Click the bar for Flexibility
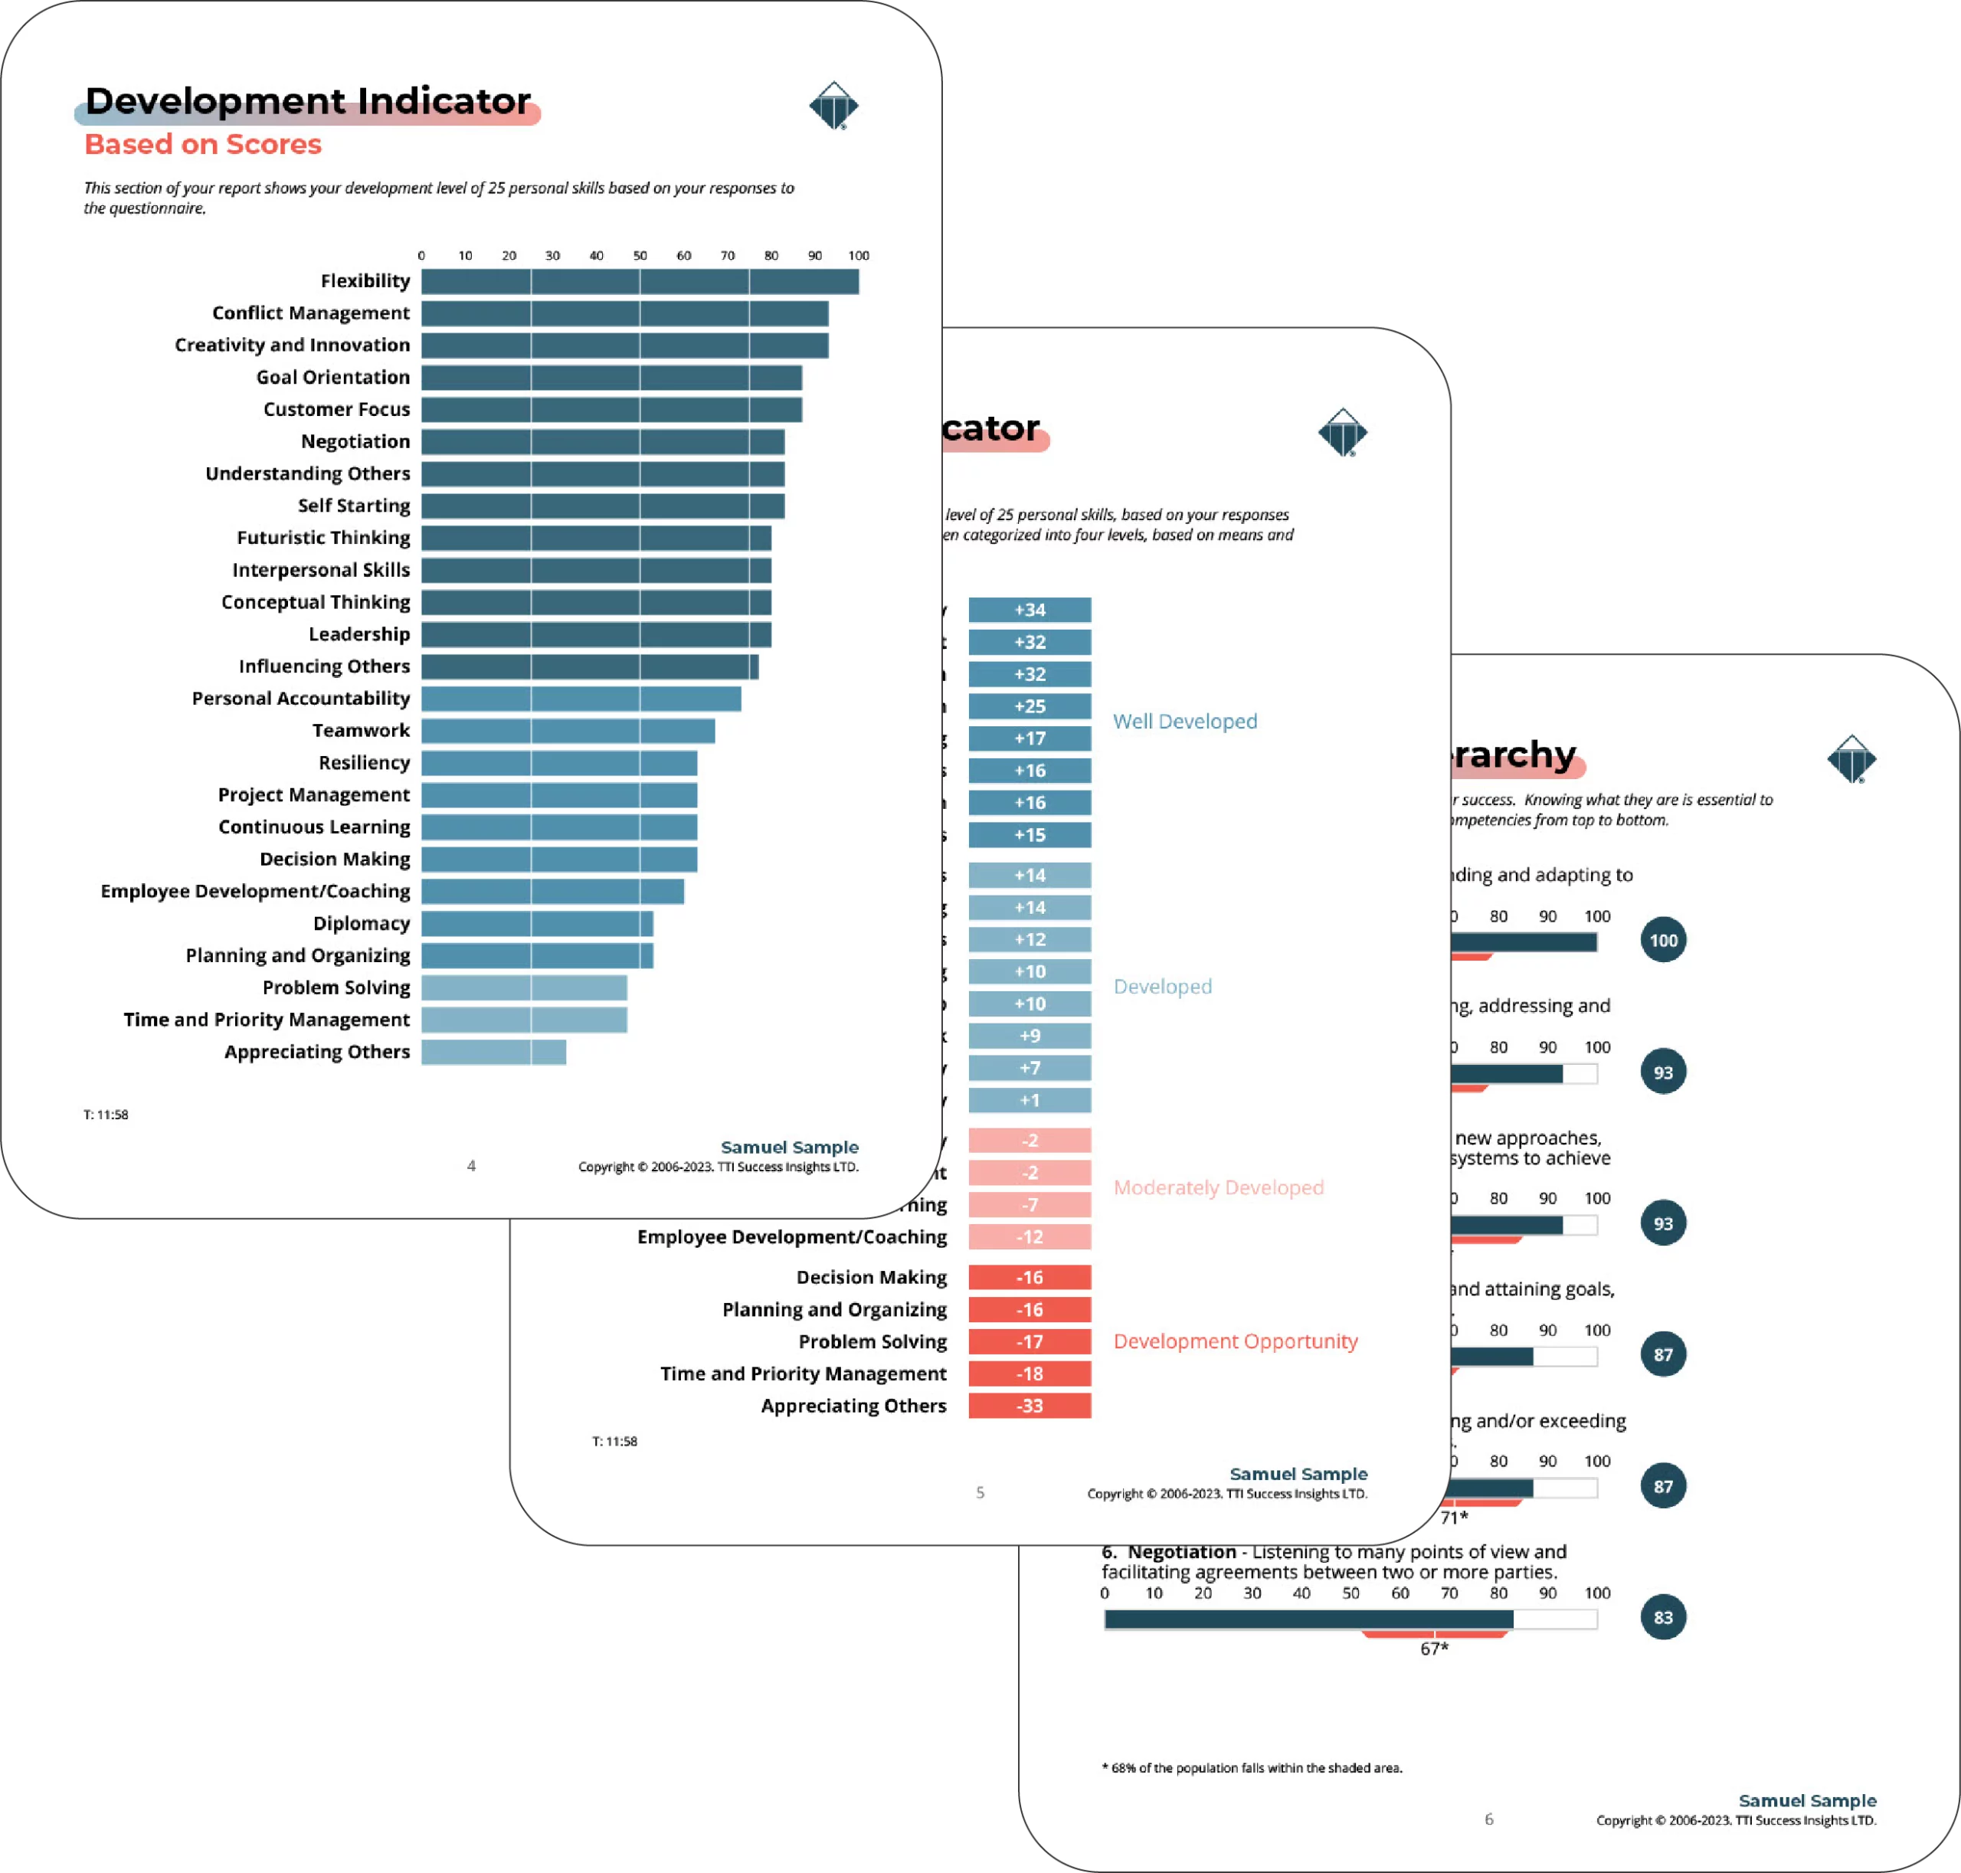[639, 282]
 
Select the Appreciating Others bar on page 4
[493, 1051]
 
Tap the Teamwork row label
[361, 730]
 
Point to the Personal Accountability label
[300, 698]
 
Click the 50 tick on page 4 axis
[640, 256]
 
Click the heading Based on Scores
[203, 145]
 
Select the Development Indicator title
[307, 101]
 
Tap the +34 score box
[1030, 610]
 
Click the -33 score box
[1030, 1406]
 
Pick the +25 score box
[1030, 706]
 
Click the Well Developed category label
[1184, 721]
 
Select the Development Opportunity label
[1235, 1341]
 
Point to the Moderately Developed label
[1218, 1187]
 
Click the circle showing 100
[1662, 941]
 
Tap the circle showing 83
[1662, 1617]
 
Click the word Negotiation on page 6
[1181, 1551]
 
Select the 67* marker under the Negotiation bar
[1434, 1649]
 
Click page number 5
[980, 1492]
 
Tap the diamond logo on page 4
[833, 106]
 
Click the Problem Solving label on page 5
[872, 1341]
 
